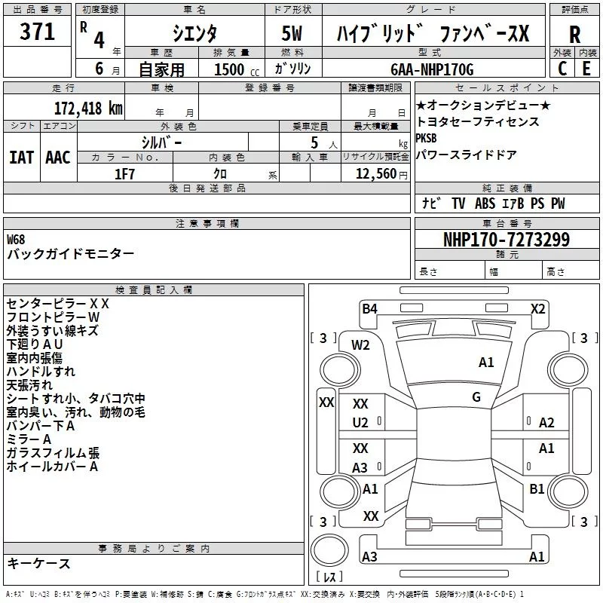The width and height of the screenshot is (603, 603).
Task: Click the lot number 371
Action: (x=37, y=32)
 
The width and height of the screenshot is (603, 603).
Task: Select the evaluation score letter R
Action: (x=574, y=35)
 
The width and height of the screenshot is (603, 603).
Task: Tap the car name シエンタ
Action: (x=194, y=33)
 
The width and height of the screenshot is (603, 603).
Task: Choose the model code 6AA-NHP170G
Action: (x=432, y=69)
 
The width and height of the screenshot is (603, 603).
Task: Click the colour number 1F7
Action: (x=125, y=173)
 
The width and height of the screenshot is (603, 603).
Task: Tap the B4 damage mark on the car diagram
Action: (x=369, y=308)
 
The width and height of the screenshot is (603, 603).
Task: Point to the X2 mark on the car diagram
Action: (x=537, y=308)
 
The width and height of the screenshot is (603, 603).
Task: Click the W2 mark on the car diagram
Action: (x=360, y=345)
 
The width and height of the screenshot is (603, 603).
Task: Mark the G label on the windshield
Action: (x=476, y=397)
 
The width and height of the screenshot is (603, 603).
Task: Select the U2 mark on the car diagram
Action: (x=360, y=423)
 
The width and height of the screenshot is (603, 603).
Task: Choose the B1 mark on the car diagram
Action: (x=537, y=489)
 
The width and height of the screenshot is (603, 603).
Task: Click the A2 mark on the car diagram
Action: (x=546, y=423)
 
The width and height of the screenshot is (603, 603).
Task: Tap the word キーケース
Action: (x=38, y=564)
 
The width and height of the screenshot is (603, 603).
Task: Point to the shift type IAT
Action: (x=21, y=157)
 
